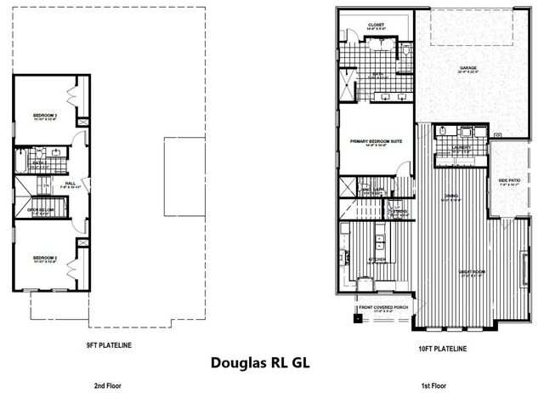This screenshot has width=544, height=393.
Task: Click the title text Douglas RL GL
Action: tap(260, 362)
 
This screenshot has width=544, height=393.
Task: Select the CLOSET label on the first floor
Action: tap(376, 25)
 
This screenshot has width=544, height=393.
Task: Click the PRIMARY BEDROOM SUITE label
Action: tap(375, 140)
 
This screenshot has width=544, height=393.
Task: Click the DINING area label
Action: tap(451, 196)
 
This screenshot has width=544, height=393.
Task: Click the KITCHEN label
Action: tap(377, 259)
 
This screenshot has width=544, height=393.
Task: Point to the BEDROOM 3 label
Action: tap(45, 115)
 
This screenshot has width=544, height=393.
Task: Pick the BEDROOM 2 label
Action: tap(45, 257)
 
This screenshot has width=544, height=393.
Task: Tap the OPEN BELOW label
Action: tap(40, 209)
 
